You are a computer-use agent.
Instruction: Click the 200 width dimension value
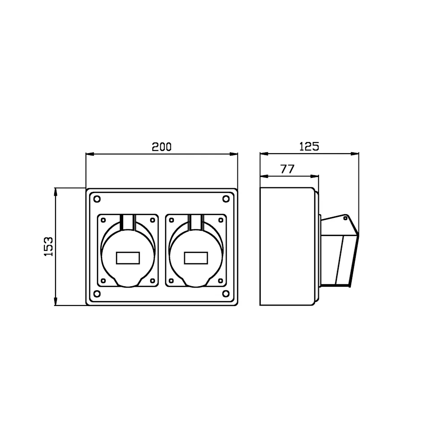[161, 147]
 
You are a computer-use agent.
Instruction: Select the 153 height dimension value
[48, 246]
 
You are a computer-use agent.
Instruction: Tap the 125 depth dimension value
[309, 146]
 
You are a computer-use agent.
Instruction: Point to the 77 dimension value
[287, 169]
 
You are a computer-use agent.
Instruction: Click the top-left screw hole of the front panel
[97, 199]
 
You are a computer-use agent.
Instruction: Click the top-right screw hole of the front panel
[226, 199]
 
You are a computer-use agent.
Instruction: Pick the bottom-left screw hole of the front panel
[97, 293]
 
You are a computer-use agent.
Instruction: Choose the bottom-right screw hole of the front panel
[226, 293]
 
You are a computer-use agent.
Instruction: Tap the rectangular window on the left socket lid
[128, 258]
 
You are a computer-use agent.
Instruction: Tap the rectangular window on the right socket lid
[196, 258]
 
